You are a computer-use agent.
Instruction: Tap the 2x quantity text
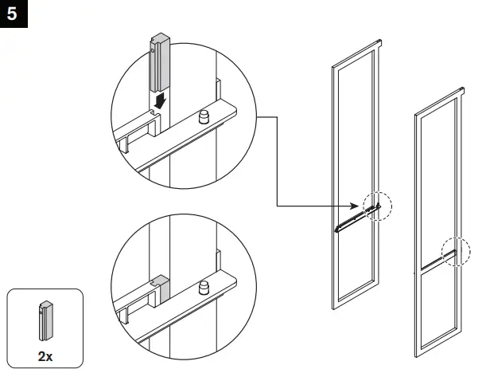tap(45, 356)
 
